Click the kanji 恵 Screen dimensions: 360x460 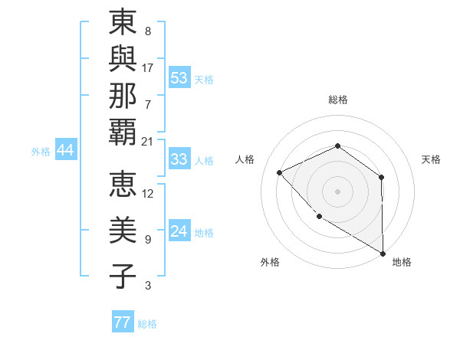tap(123, 186)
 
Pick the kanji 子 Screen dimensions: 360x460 tap(123, 276)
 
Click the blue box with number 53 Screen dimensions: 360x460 tap(179, 78)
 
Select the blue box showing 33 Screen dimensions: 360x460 tap(179, 160)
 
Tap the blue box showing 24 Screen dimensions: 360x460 tap(179, 231)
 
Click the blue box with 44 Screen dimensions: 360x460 tap(65, 151)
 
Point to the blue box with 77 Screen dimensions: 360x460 tap(122, 322)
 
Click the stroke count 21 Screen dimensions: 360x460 tap(147, 141)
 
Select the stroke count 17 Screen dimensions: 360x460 tap(147, 67)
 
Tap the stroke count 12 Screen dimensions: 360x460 tap(147, 193)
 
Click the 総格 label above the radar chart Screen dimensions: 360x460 tap(337, 100)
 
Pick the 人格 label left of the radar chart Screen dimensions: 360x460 tap(245, 159)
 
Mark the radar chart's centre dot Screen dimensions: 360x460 tap(337, 191)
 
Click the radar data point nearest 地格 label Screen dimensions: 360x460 tap(382, 253)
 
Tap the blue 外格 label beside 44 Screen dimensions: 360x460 tap(41, 152)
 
